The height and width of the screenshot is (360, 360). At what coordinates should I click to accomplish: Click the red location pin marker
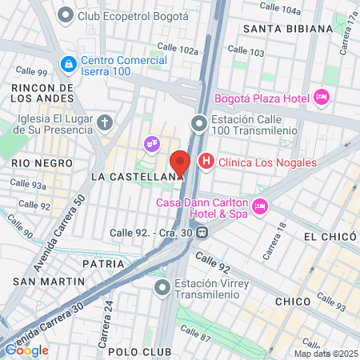click(181, 163)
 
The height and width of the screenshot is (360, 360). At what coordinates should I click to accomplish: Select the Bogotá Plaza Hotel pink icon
click(321, 97)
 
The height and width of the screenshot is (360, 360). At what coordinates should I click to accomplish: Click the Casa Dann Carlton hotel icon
click(259, 207)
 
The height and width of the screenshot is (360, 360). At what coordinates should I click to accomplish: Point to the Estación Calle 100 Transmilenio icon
click(198, 123)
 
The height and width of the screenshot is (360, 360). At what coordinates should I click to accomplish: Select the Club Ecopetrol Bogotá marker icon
click(65, 15)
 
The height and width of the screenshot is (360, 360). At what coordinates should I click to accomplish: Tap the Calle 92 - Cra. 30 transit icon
click(203, 234)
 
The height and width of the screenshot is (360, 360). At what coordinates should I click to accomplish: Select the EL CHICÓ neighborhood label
click(328, 238)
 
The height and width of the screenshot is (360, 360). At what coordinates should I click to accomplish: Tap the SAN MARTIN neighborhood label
click(49, 282)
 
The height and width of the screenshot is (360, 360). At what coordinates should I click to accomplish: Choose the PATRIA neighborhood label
click(102, 263)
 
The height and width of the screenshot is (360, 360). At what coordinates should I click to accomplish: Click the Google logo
click(26, 350)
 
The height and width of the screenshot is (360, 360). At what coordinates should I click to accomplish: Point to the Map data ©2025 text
click(324, 354)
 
